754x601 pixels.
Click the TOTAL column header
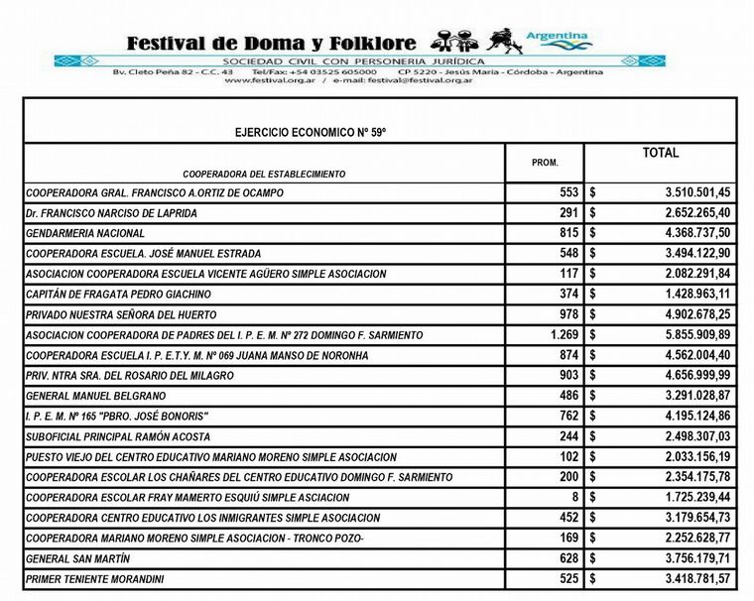click(x=660, y=154)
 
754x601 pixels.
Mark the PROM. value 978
click(x=566, y=314)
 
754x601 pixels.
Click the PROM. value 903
click(x=566, y=376)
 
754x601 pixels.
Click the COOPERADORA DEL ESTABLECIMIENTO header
click(x=264, y=174)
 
